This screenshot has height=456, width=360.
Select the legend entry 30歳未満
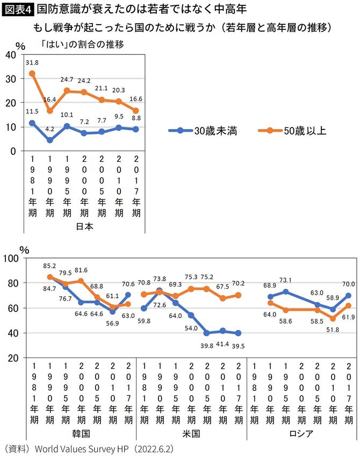coord(210,130)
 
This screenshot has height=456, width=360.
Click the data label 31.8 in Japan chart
coord(32,62)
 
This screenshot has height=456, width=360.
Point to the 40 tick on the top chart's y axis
coord(10,54)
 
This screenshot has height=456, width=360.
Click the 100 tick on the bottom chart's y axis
coord(12,258)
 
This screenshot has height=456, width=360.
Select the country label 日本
coord(84,226)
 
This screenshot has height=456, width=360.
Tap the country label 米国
coord(191,433)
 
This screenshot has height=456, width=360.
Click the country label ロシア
coord(301,433)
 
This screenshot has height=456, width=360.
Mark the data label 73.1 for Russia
coord(286,280)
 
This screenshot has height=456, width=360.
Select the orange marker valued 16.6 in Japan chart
coord(136,111)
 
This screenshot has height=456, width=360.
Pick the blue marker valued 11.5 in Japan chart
coord(32,123)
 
